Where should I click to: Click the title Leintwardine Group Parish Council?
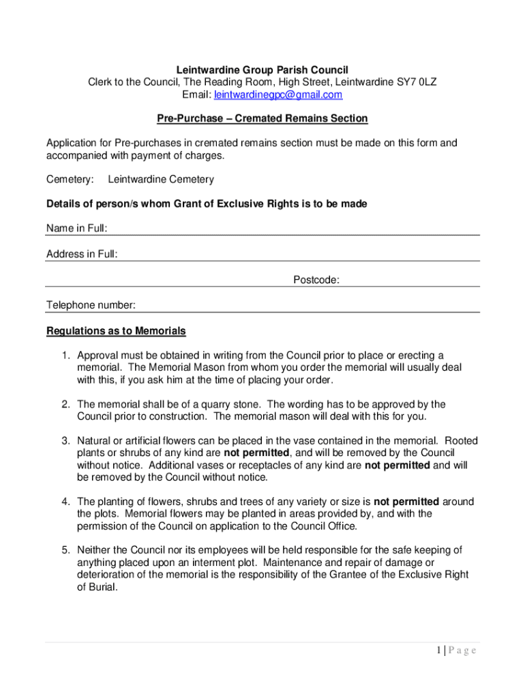coord(262,70)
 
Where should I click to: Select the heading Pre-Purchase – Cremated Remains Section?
coord(262,119)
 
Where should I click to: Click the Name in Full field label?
coord(76,228)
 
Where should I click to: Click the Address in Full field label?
coord(82,254)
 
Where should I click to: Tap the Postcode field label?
coord(316,280)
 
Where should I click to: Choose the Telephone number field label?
coord(91,305)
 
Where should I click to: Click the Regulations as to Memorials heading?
coord(116,332)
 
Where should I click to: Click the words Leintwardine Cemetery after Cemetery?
coord(161,180)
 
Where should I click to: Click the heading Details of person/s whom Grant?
coord(207,204)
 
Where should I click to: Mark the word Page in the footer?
coord(462,651)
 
